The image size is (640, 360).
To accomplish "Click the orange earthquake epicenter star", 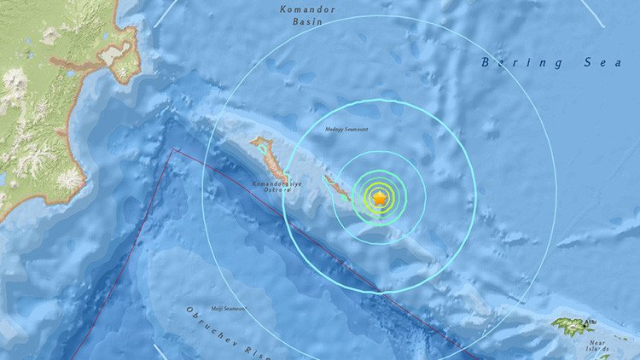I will (380, 198).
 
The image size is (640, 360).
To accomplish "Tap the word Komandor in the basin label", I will (307, 9).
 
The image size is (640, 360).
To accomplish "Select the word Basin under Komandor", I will (306, 25).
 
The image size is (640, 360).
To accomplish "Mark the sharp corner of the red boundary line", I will (174, 150).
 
